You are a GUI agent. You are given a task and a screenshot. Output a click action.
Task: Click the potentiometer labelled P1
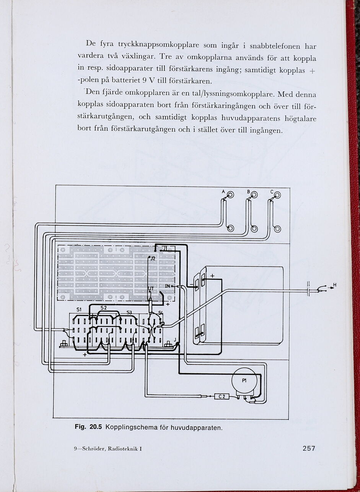[x=244, y=380]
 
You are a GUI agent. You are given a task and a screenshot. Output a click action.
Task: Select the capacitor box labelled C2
[x=222, y=396]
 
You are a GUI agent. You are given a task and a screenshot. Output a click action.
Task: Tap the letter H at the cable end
[x=335, y=285]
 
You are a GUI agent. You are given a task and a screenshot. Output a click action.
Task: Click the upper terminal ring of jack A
[x=230, y=195]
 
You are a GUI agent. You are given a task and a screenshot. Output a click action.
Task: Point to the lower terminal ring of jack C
[x=277, y=229]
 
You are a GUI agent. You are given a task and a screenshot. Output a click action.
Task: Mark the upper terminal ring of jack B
[x=254, y=195]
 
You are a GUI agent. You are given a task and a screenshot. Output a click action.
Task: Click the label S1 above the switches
[x=79, y=309]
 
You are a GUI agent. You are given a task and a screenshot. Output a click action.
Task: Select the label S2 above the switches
[x=104, y=307]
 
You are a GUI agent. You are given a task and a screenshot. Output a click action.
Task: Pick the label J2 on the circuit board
[x=153, y=259]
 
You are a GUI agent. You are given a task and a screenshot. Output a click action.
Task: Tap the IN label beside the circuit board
[x=168, y=286]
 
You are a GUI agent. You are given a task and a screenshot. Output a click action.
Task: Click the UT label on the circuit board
[x=151, y=288]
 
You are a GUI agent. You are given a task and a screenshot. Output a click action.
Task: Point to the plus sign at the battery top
[x=212, y=276]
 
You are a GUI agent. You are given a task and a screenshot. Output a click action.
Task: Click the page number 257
[x=309, y=448]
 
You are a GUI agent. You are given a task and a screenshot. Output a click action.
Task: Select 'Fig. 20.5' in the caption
[x=88, y=427]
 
